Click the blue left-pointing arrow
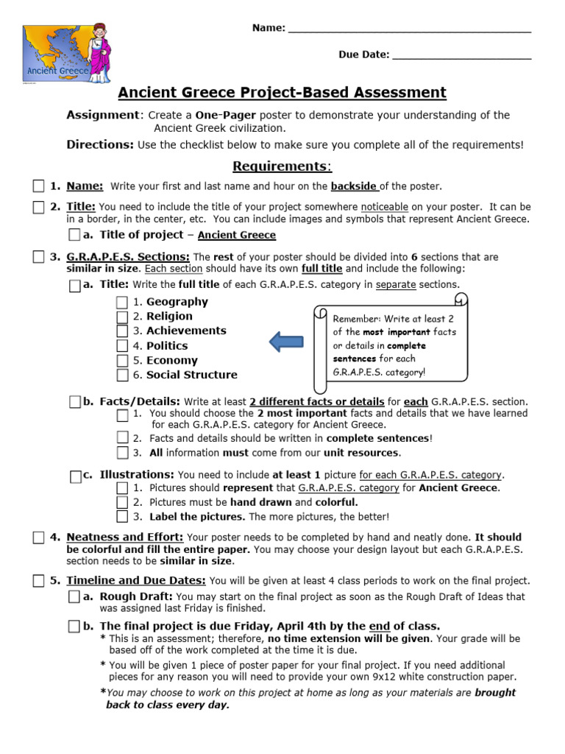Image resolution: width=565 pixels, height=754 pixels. tap(286, 342)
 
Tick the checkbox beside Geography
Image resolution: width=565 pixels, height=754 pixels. tap(122, 302)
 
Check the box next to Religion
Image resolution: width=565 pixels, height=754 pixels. tap(122, 317)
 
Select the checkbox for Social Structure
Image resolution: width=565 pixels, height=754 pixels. tap(122, 375)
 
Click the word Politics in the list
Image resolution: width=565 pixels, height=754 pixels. tap(167, 346)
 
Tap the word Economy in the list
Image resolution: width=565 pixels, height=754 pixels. tap(171, 361)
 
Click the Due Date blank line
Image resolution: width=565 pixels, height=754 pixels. tap(461, 55)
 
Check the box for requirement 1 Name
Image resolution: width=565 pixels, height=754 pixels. tap(38, 186)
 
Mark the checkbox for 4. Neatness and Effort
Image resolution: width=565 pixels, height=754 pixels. tap(38, 538)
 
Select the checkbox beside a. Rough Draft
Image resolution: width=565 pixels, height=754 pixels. tap(74, 596)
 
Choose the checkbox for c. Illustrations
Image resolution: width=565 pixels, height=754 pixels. tap(75, 476)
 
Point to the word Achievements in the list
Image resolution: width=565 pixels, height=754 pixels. tap(186, 331)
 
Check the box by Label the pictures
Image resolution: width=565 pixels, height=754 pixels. tap(122, 517)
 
